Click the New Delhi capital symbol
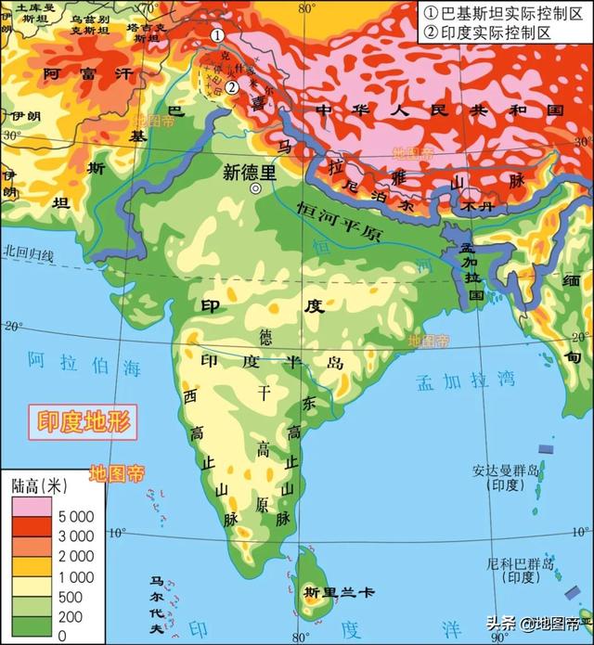pos(255,187)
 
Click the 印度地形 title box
pos(79,423)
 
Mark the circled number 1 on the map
pos(216,34)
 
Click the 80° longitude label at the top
pos(307,7)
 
